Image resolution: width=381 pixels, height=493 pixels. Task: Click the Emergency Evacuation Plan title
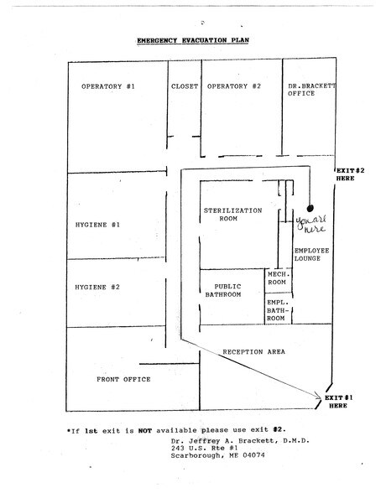click(193, 40)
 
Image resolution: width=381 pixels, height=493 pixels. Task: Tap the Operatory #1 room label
click(108, 86)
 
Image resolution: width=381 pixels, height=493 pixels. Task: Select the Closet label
click(185, 86)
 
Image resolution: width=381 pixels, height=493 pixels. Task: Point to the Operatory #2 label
click(234, 86)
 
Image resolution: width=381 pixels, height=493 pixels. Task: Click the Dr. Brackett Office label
click(312, 90)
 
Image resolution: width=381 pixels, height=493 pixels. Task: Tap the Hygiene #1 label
click(97, 225)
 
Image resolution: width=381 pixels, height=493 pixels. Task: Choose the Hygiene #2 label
click(97, 287)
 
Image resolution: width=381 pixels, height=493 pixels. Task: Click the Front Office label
click(123, 379)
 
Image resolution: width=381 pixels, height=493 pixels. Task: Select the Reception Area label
click(254, 352)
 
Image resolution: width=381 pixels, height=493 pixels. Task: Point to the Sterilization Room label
click(232, 215)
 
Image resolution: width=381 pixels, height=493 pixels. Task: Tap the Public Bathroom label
click(223, 290)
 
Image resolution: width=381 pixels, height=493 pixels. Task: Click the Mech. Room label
click(278, 278)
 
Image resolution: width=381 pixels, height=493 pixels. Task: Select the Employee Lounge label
click(311, 255)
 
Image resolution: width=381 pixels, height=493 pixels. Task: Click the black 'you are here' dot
click(311, 208)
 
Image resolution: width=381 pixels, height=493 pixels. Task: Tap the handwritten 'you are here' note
click(311, 225)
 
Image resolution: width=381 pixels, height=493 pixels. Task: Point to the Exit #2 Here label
click(350, 174)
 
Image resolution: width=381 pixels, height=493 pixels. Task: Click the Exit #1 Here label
click(338, 402)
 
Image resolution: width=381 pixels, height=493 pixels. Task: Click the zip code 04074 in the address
click(253, 455)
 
